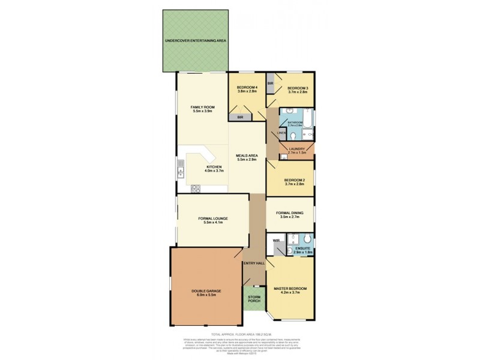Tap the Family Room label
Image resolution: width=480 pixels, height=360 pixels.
(x=202, y=109)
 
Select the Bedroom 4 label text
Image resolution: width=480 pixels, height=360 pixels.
(x=247, y=89)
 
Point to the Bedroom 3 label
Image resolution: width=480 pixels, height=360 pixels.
(x=297, y=89)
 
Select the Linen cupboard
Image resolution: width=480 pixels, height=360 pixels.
(x=280, y=133)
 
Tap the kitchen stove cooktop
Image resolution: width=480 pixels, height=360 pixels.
(x=195, y=188)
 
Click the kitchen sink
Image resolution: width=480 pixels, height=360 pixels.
(x=179, y=172)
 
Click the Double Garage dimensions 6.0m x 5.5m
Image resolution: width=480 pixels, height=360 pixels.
(x=203, y=295)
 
